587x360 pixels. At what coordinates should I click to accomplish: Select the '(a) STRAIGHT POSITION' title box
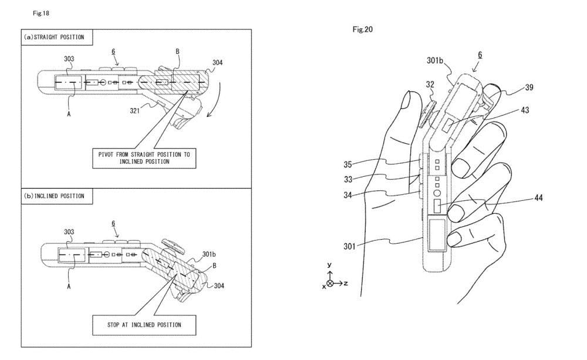pos(54,37)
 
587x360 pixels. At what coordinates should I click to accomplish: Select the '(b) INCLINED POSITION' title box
pos(54,196)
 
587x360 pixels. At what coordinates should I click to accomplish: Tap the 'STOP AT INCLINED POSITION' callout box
pos(144,324)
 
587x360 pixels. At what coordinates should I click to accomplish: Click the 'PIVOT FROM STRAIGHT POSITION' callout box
pos(144,157)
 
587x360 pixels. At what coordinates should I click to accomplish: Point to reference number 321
pos(135,109)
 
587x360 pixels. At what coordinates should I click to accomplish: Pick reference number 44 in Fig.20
pos(538,198)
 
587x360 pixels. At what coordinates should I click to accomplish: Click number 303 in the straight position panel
pos(69,59)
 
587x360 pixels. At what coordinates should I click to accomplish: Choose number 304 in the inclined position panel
pos(217,285)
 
